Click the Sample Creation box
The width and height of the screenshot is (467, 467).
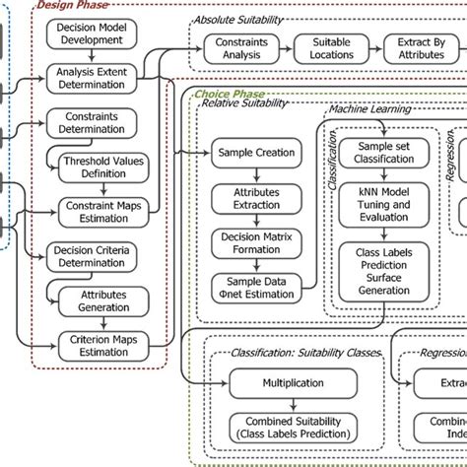coord(253,153)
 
